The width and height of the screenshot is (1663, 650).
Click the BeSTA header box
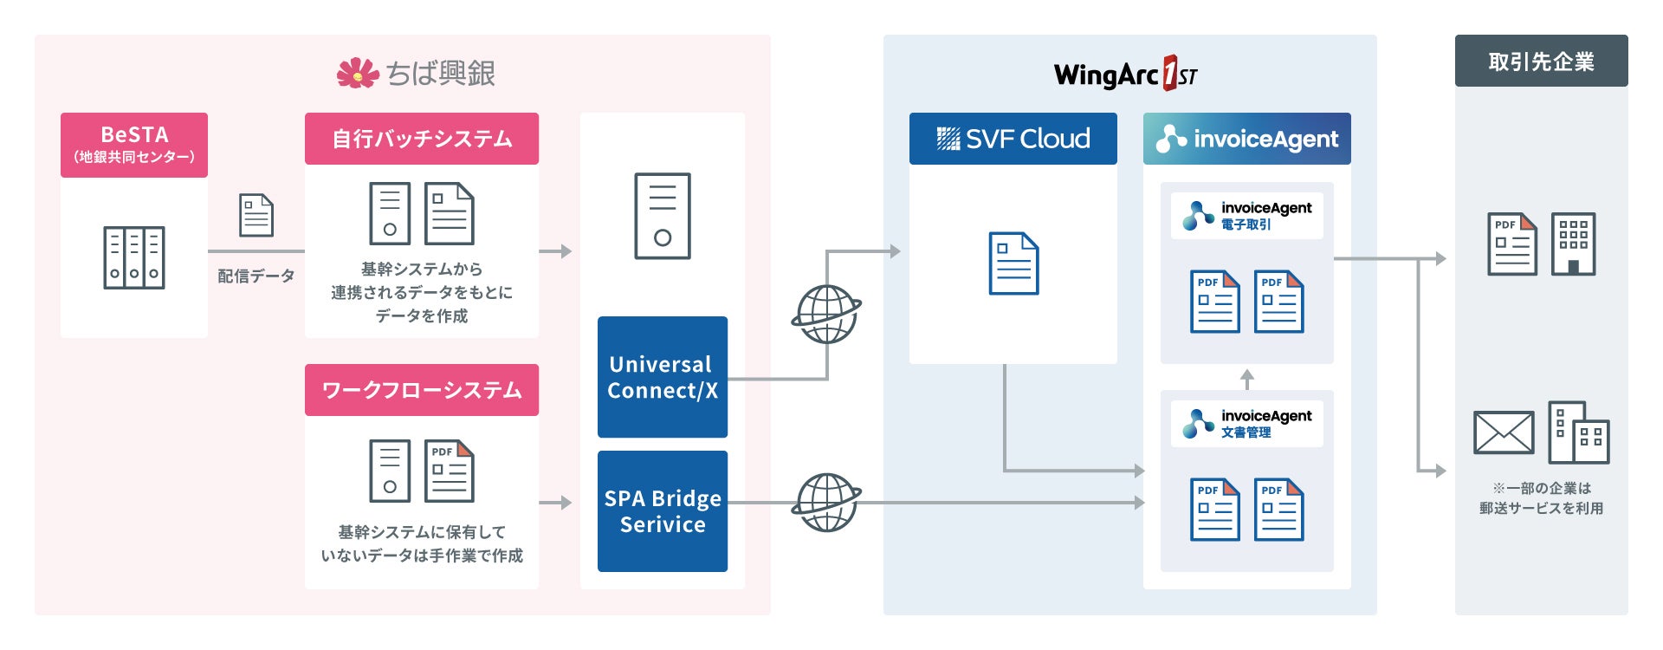tap(134, 145)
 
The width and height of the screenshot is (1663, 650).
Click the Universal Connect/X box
tap(663, 377)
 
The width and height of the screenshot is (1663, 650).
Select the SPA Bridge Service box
tap(663, 511)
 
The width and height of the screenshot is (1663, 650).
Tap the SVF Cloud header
tap(1013, 139)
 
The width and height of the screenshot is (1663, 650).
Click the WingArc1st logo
tap(1125, 75)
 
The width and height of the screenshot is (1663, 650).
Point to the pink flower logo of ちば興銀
tap(358, 74)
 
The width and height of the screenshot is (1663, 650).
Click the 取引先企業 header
tap(1541, 62)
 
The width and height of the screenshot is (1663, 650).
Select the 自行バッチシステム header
tap(422, 139)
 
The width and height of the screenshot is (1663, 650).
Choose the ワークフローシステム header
tap(422, 390)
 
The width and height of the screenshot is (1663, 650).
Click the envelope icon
tap(1504, 432)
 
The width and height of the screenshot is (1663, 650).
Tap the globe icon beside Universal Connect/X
tap(826, 314)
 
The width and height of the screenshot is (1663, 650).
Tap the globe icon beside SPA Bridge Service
tap(826, 502)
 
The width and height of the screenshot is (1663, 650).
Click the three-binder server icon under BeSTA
tap(134, 257)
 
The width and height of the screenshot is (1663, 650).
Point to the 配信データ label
tap(256, 276)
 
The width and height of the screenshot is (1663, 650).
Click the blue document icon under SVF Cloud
tap(1013, 263)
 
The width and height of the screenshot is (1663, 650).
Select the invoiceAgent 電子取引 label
tap(1247, 216)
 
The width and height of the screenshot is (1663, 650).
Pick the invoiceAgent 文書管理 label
tap(1247, 424)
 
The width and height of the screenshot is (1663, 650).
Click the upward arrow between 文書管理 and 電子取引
tap(1247, 379)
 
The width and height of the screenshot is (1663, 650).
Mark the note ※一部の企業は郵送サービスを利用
tap(1541, 498)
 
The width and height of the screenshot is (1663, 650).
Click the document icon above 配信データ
tap(256, 215)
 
